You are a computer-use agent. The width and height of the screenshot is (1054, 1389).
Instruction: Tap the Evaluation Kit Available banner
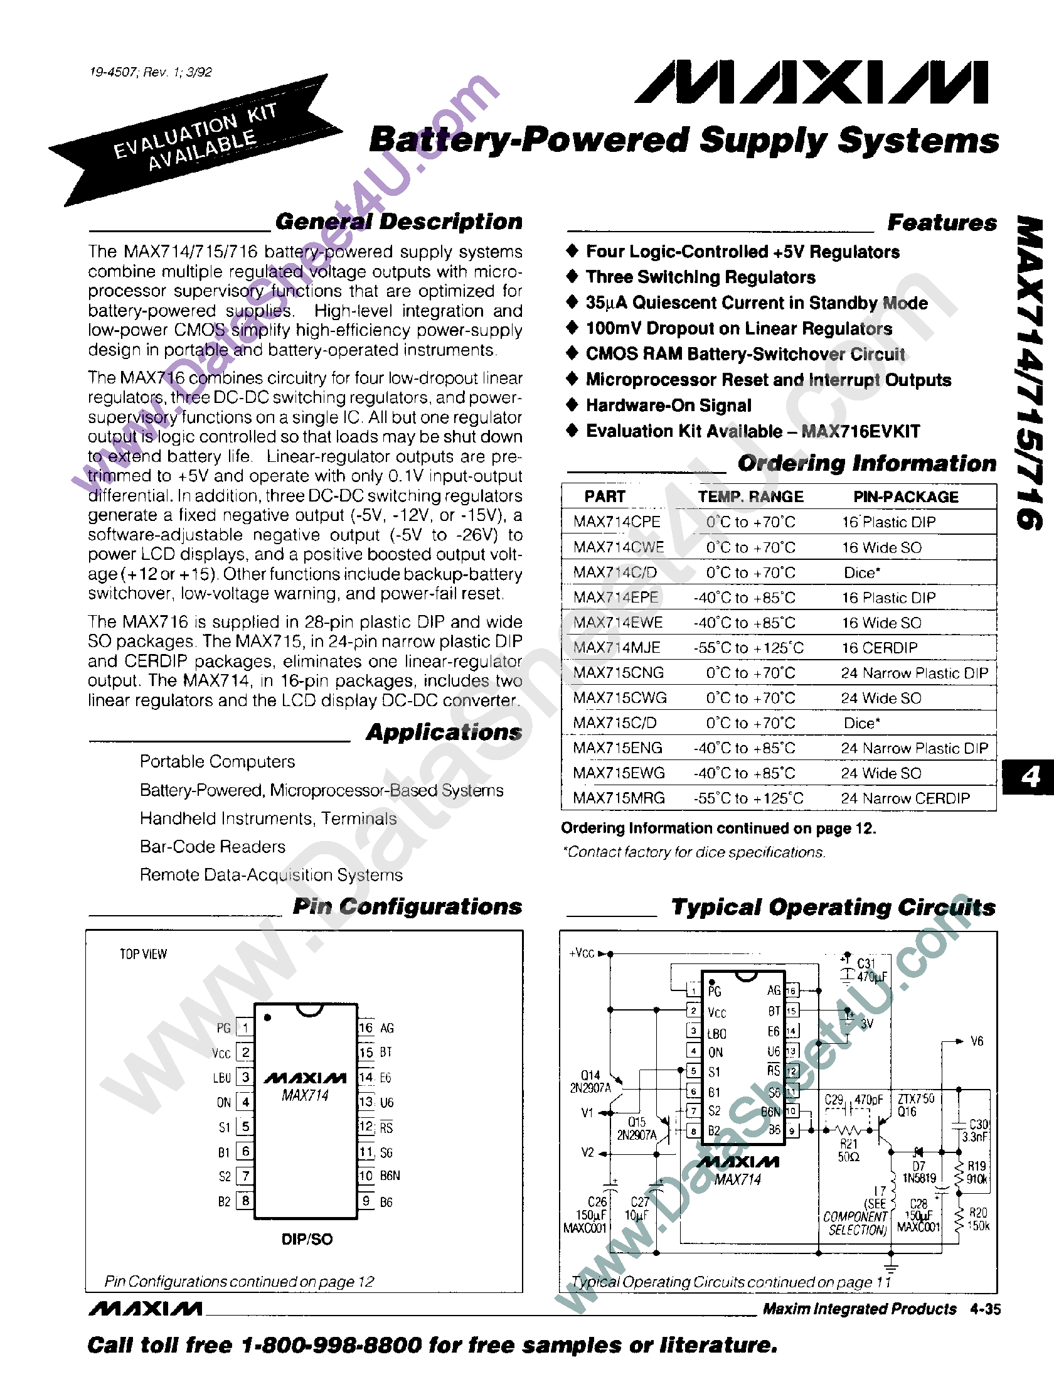click(x=194, y=139)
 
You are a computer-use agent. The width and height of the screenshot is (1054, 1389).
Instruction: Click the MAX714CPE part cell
click(x=617, y=522)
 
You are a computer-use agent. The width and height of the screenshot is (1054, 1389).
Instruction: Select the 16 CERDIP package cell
click(x=879, y=647)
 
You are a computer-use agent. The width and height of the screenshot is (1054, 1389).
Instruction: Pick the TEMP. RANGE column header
click(x=750, y=496)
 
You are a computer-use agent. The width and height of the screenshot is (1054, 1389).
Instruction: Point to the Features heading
click(x=942, y=223)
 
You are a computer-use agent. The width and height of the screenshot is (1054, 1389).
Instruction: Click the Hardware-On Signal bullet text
click(x=668, y=405)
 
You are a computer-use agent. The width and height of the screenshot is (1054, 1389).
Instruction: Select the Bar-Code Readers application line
click(x=212, y=847)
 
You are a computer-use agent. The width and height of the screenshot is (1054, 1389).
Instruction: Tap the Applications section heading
click(x=444, y=732)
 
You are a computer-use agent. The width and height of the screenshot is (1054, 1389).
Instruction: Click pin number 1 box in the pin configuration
click(x=245, y=1028)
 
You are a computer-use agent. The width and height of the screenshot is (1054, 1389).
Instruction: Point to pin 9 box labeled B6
click(x=366, y=1201)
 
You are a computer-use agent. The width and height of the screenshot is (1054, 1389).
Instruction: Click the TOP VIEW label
click(x=143, y=955)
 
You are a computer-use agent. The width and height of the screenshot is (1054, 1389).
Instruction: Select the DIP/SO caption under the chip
click(x=307, y=1239)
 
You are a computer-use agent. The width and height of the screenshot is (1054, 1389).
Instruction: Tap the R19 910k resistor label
click(x=977, y=1172)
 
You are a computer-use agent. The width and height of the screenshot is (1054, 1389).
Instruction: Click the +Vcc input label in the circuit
click(x=582, y=954)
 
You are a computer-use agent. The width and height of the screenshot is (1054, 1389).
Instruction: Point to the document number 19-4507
click(x=113, y=72)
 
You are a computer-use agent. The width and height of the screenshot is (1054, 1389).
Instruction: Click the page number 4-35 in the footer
click(x=985, y=1309)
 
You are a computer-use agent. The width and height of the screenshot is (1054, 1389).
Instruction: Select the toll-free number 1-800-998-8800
click(x=331, y=1345)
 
